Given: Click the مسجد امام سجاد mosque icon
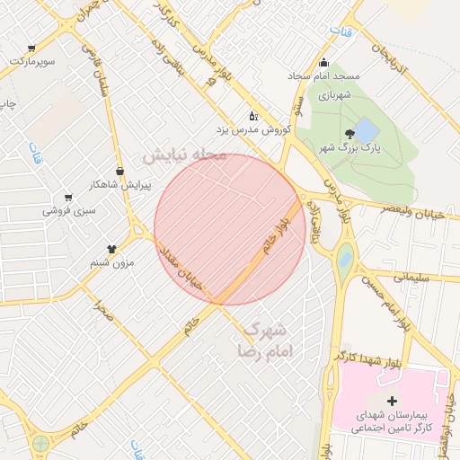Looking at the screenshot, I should (324, 62).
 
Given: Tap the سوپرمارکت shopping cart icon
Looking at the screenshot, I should (31, 49).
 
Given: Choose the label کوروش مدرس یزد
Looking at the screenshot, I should (260, 130).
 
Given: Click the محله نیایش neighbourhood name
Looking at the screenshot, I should (182, 155).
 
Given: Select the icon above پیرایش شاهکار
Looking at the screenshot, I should (119, 170).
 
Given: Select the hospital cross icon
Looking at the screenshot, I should (391, 401).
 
